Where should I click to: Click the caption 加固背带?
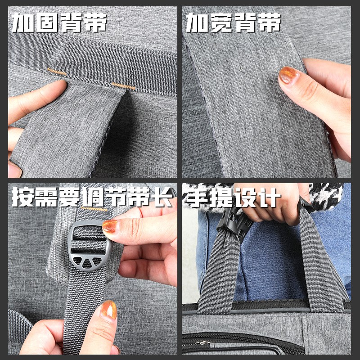59,22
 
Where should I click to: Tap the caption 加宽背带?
233,22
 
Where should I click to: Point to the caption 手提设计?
232,198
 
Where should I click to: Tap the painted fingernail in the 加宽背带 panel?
288,75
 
